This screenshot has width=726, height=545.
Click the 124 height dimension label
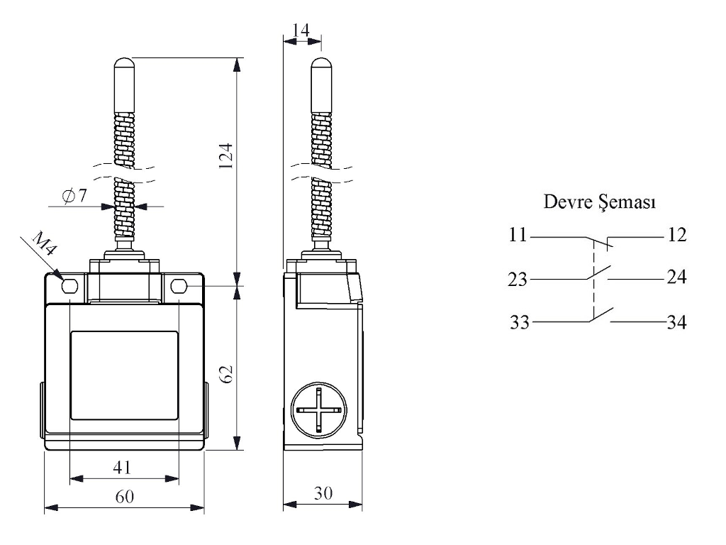[225, 155]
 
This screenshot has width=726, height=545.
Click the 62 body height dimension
[226, 375]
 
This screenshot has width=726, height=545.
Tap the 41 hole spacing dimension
[122, 467]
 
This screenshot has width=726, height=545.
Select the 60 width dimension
[125, 496]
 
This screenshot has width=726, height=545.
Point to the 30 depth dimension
[323, 493]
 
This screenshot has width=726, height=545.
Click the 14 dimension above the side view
[301, 30]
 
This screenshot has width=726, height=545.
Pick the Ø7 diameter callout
[74, 196]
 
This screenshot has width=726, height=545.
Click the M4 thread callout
[45, 244]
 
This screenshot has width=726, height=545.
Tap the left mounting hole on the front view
[69, 287]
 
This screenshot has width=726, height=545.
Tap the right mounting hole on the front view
[179, 287]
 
